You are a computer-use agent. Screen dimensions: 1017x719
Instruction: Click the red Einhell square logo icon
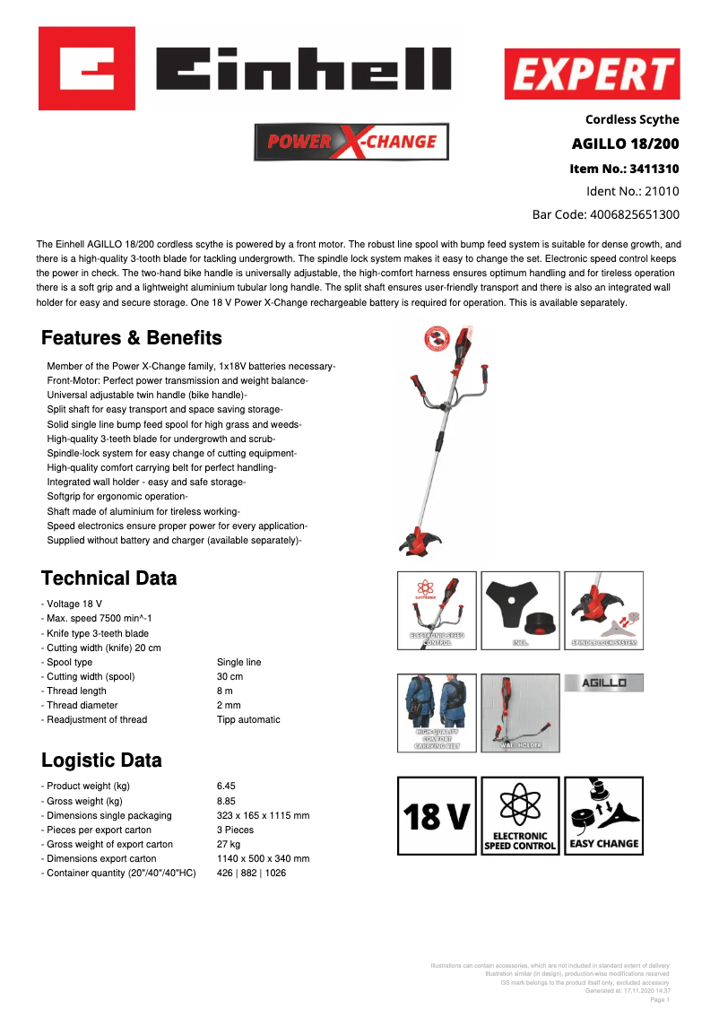point(86,67)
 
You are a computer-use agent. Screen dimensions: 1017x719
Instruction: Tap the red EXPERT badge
point(593,74)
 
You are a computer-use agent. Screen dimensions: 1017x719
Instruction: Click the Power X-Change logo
point(351,142)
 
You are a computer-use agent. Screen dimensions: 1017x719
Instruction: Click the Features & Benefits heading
point(131,338)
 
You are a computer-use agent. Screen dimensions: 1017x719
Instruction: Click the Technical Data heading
point(108,578)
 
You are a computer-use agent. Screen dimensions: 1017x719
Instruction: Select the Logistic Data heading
point(101,761)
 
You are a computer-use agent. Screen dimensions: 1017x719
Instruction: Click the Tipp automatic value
point(248,719)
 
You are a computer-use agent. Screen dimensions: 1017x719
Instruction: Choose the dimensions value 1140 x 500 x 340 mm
point(263,858)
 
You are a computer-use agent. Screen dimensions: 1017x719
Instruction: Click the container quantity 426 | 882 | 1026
point(251,873)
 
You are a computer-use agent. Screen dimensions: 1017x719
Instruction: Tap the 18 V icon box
point(437,815)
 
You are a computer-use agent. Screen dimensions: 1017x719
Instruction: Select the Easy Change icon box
point(604,815)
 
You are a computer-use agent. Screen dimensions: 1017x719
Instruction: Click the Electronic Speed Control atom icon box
point(520,815)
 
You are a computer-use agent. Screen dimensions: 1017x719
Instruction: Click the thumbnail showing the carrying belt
point(437,712)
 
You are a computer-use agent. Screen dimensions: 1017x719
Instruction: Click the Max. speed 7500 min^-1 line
point(96,619)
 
